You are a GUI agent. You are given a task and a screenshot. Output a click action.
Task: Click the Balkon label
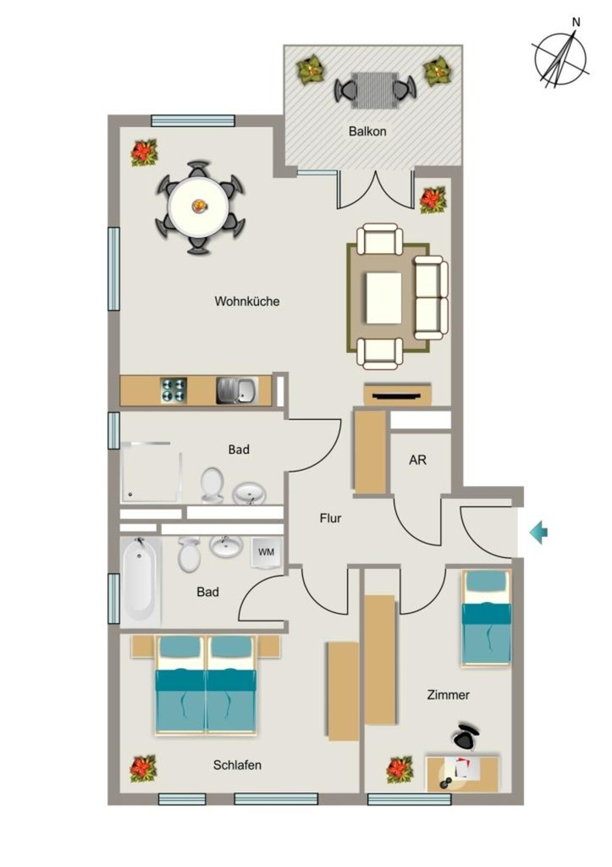(367, 131)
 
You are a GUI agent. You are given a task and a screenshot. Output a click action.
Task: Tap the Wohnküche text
(247, 301)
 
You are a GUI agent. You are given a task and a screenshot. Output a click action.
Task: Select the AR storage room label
(417, 460)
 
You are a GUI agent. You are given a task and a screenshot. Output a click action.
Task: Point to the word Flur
(330, 518)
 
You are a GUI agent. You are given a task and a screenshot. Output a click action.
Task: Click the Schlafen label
(237, 765)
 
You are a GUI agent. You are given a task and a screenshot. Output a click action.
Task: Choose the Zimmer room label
(449, 695)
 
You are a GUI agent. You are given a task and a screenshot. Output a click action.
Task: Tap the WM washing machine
(267, 552)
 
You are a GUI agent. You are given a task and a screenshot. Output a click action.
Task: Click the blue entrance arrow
(538, 533)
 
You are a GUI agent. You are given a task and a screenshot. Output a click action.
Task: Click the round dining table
(198, 207)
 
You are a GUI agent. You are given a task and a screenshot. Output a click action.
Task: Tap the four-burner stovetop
(173, 390)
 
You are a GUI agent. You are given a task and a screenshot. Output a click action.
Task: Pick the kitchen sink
(237, 390)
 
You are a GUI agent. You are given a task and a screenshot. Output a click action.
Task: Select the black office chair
(466, 737)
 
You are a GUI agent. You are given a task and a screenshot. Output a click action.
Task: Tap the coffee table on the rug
(383, 298)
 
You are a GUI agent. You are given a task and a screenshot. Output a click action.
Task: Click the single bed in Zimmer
(486, 617)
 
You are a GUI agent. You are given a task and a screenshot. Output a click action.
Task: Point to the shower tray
(151, 472)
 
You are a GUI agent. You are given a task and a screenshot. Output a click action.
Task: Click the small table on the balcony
(373, 90)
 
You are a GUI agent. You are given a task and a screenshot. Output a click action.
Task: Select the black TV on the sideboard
(398, 395)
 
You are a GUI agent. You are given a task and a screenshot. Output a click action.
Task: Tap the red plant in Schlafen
(144, 769)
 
